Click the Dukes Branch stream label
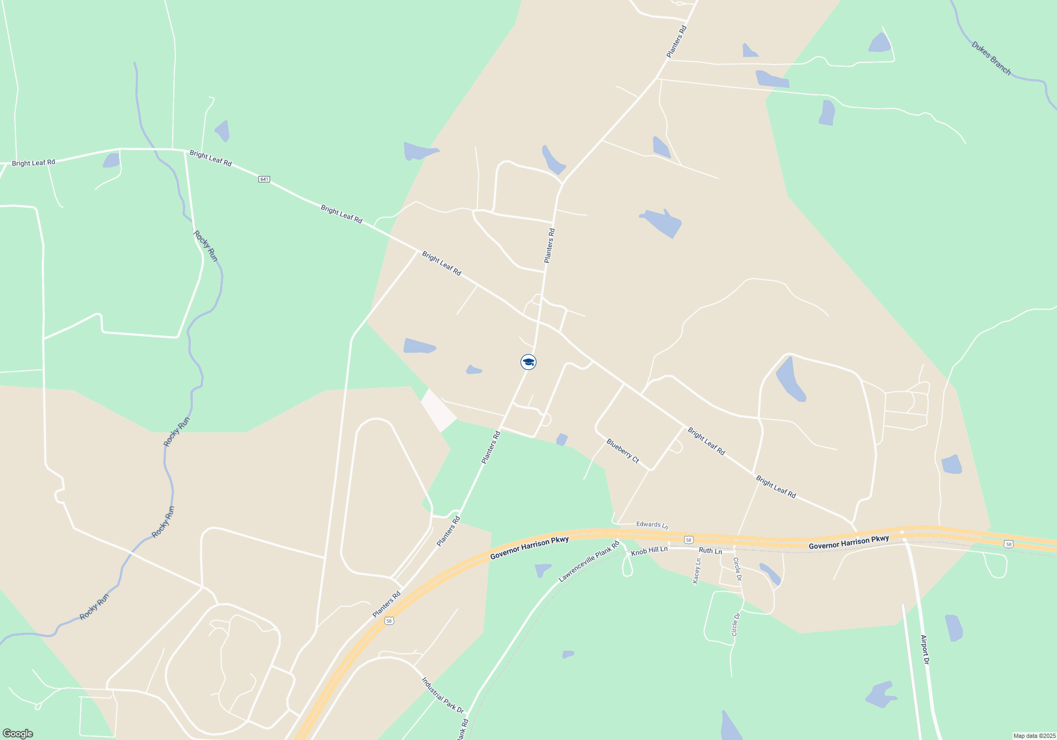point(991,58)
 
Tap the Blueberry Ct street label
point(623,451)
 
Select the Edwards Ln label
point(652,525)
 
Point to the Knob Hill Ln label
point(649,551)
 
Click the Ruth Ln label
point(710,551)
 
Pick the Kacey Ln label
point(697,571)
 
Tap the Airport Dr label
point(925,650)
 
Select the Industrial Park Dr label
point(442,696)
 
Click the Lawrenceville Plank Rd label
point(589,561)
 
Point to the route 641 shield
point(264,179)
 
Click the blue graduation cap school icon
point(528,362)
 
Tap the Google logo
point(18,734)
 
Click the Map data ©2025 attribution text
point(1034,736)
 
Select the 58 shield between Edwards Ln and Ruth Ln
point(688,540)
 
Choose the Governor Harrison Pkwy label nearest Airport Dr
point(848,542)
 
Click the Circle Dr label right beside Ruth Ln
point(737,569)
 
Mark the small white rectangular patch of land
point(438,410)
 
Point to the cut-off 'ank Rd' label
point(462,729)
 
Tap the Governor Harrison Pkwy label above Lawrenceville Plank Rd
point(529,548)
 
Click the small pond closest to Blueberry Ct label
point(562,439)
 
